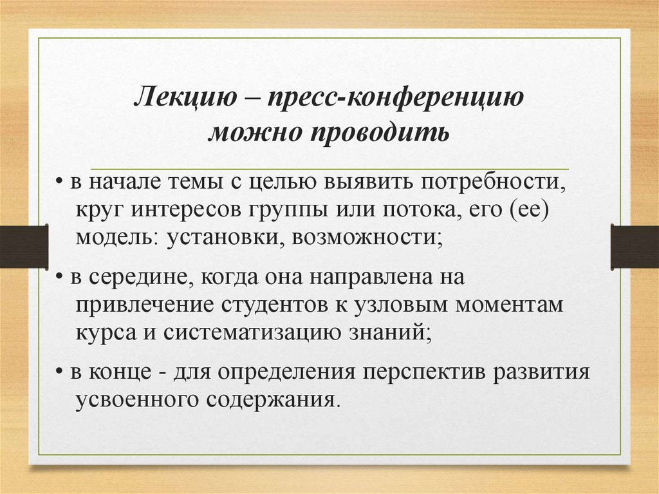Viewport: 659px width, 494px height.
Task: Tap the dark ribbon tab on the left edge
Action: tap(24, 246)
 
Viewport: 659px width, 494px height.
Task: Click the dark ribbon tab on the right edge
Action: tap(635, 246)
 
